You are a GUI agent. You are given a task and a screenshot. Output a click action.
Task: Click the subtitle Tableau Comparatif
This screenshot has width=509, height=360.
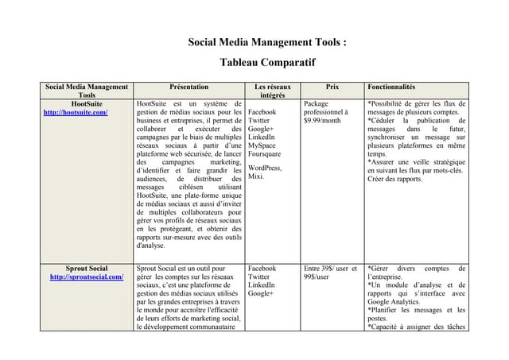[x=268, y=62]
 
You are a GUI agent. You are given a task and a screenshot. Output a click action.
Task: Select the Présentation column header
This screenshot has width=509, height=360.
[x=189, y=86]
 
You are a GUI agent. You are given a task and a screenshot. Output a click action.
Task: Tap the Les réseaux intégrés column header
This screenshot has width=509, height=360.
[x=273, y=90]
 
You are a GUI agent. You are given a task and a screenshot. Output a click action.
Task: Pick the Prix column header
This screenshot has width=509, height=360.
[x=332, y=86]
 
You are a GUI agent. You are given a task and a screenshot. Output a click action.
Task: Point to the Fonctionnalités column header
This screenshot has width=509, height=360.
[x=391, y=86]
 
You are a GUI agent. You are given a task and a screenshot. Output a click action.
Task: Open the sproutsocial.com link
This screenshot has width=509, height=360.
[x=87, y=277]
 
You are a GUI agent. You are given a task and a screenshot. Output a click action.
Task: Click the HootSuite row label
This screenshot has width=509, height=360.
[x=87, y=103]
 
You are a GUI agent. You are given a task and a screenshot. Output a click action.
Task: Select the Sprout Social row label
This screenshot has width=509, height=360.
[x=87, y=268]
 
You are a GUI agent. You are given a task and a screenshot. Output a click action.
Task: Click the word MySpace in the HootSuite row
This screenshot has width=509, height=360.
[x=263, y=145]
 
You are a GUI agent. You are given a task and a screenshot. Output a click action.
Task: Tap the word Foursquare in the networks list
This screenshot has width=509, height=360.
[x=265, y=154]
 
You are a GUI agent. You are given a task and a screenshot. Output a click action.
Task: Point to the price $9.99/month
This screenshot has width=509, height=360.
[x=322, y=121]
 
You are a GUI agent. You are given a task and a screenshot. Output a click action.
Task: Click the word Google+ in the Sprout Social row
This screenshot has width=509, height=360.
[x=260, y=293]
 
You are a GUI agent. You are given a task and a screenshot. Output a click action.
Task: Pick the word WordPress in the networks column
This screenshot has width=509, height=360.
[x=265, y=168]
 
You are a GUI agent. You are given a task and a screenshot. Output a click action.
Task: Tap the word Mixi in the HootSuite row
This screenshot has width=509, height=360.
[x=256, y=176]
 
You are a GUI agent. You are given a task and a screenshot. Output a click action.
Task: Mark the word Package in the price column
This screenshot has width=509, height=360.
[x=317, y=103]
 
